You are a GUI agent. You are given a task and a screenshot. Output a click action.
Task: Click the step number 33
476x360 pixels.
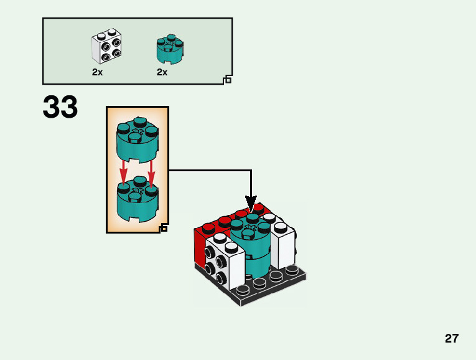coord(60,108)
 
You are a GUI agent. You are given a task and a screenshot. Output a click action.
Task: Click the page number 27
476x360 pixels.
coord(452,339)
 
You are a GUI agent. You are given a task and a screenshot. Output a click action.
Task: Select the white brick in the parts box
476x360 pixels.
coord(106,47)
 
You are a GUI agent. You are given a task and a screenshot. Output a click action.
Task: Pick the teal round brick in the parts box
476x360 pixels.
coord(169,49)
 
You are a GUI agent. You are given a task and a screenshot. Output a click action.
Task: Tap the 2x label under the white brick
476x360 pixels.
coord(97,72)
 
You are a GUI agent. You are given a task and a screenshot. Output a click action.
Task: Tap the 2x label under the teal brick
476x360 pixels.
coord(162,72)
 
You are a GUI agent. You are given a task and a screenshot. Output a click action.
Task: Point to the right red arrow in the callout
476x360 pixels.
coord(151,171)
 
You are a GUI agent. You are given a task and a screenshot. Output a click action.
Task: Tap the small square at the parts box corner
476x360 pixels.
coord(228,80)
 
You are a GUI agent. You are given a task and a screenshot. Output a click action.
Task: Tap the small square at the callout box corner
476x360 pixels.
coord(164,229)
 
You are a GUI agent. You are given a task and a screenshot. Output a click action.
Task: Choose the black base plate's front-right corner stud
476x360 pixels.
coord(291,270)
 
